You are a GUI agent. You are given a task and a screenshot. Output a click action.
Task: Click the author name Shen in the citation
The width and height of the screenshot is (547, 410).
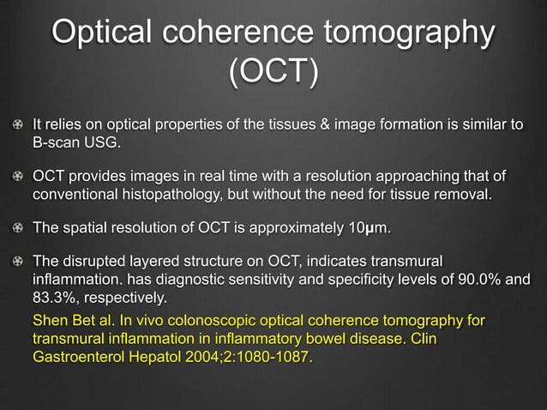[50, 321]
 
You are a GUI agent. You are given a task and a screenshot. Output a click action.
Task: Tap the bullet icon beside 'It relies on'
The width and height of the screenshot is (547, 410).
[18, 125]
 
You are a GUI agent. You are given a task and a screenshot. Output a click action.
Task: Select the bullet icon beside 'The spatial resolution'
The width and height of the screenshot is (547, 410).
[18, 229]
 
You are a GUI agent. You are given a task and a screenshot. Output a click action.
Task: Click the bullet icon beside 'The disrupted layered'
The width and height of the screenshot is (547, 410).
[18, 263]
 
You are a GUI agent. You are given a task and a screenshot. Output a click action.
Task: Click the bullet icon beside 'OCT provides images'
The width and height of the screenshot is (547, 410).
[18, 177]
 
